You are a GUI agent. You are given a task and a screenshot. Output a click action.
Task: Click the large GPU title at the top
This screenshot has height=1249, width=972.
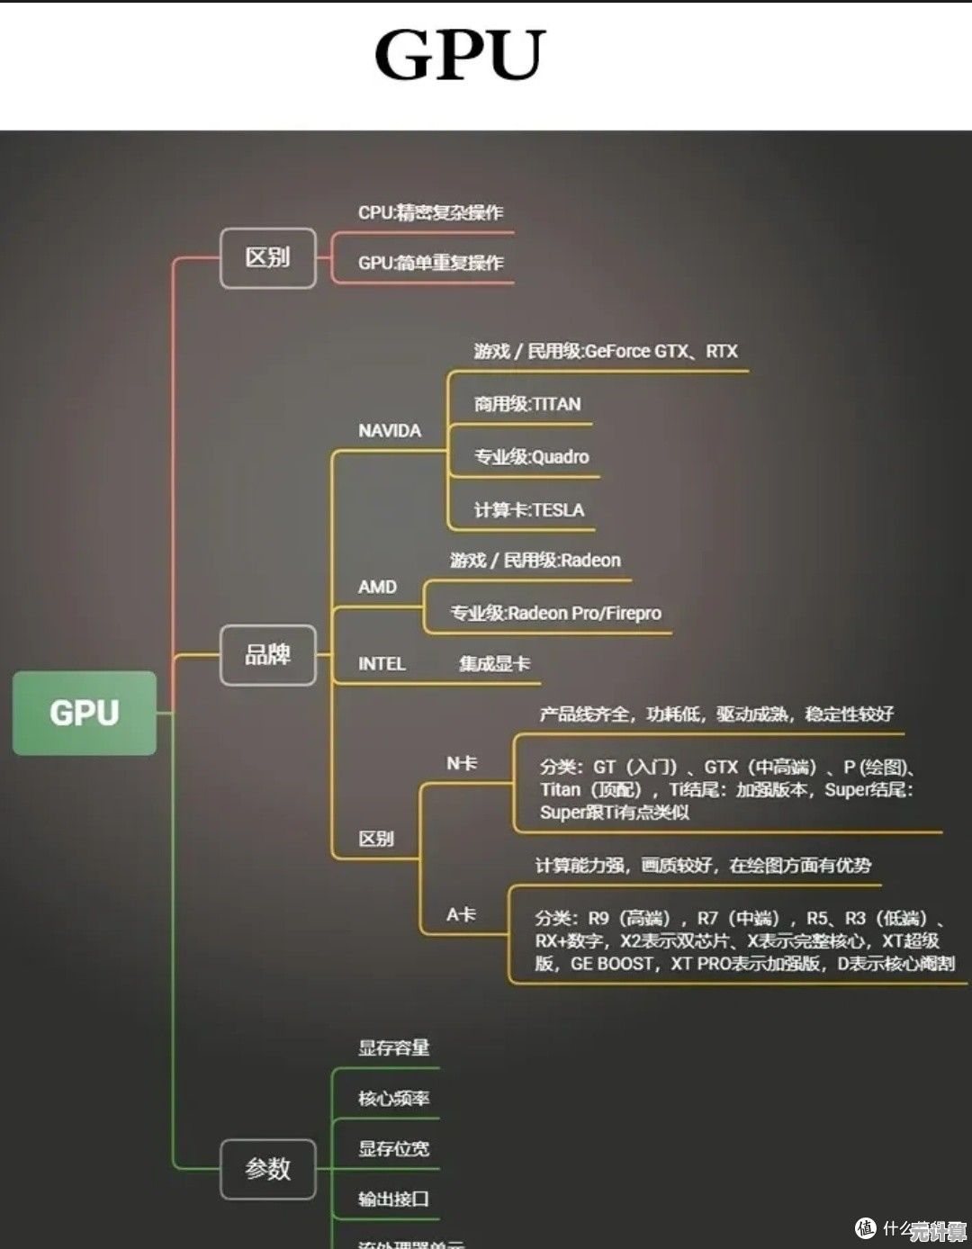pyautogui.click(x=460, y=54)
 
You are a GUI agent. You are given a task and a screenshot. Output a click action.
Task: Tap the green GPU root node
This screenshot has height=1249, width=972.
pyautogui.click(x=85, y=713)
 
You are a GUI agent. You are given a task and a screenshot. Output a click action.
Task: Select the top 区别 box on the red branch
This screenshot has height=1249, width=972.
pyautogui.click(x=267, y=258)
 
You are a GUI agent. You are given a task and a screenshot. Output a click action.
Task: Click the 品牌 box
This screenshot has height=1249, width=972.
pyautogui.click(x=267, y=654)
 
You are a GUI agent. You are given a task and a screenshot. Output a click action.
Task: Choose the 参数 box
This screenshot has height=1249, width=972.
pyautogui.click(x=267, y=1169)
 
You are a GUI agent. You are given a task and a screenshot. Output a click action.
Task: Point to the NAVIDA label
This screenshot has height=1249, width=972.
pyautogui.click(x=390, y=431)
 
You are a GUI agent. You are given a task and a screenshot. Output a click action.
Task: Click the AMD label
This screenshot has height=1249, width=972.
pyautogui.click(x=377, y=588)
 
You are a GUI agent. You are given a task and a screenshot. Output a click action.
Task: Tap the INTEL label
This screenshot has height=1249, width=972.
pyautogui.click(x=382, y=664)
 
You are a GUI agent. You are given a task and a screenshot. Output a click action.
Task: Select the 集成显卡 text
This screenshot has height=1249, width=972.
pyautogui.click(x=494, y=664)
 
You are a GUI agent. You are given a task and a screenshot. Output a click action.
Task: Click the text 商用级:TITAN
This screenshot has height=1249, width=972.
pyautogui.click(x=527, y=405)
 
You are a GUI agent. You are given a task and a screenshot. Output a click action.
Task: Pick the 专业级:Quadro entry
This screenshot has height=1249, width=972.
pyautogui.click(x=531, y=457)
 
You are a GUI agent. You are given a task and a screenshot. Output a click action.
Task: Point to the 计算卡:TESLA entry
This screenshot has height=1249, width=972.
pyautogui.click(x=529, y=510)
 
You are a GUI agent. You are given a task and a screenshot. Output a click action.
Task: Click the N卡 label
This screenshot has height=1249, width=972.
pyautogui.click(x=462, y=764)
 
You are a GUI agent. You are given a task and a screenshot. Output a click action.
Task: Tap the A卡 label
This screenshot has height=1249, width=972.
pyautogui.click(x=461, y=915)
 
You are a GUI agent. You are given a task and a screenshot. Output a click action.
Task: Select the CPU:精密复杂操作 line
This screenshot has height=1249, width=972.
pyautogui.click(x=430, y=213)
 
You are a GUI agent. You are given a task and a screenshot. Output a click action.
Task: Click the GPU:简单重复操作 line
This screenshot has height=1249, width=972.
pyautogui.click(x=430, y=264)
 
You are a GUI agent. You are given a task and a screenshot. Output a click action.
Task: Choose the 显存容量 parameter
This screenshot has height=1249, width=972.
pyautogui.click(x=393, y=1048)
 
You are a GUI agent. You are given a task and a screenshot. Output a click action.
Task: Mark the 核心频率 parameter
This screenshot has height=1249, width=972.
pyautogui.click(x=393, y=1099)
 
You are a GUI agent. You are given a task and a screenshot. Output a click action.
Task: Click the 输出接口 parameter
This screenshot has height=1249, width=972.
pyautogui.click(x=393, y=1200)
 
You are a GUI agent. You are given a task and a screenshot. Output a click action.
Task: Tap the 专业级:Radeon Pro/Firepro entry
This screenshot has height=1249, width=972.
pyautogui.click(x=555, y=614)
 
